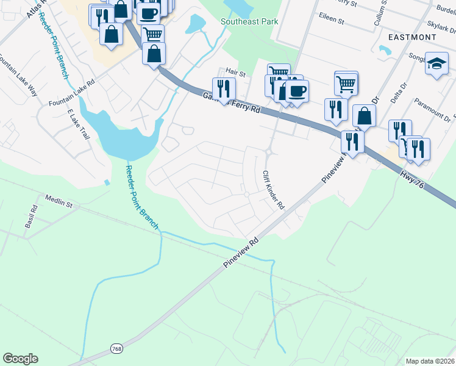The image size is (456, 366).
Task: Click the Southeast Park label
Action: [x=249, y=21]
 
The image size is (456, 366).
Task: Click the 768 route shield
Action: [x=117, y=348]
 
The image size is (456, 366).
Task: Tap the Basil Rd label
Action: [x=31, y=216]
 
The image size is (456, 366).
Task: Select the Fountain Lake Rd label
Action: [x=74, y=91]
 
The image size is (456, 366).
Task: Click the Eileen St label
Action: [x=333, y=21]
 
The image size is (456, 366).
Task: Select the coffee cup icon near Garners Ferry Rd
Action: [x=297, y=90]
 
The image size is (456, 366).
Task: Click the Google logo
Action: [x=20, y=359]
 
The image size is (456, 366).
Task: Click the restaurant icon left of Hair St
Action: [x=224, y=88]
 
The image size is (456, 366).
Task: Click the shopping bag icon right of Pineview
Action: [x=364, y=115]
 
